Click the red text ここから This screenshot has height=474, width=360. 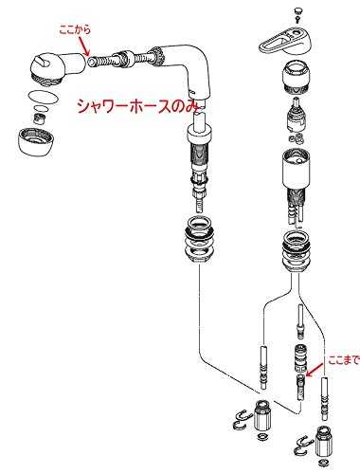click(x=75, y=30)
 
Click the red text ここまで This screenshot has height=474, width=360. click(x=344, y=360)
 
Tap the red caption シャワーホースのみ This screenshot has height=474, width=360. click(x=138, y=106)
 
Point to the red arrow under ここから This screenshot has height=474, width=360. click(x=82, y=46)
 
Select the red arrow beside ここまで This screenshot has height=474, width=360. click(x=315, y=371)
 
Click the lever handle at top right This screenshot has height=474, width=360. click(x=285, y=40)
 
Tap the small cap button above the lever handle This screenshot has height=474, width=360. click(x=297, y=11)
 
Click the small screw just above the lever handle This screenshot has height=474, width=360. click(x=297, y=20)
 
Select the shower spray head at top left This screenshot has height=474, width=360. click(x=59, y=69)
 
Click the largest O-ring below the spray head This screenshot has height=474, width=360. click(x=43, y=97)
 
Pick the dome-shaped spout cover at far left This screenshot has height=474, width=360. click(x=35, y=140)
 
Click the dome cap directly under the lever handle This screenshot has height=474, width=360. click(x=296, y=77)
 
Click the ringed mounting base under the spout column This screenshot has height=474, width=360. click(x=201, y=240)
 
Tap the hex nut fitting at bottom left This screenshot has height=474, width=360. click(x=262, y=416)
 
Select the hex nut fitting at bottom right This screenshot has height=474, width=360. click(x=323, y=442)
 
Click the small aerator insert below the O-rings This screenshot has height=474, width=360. click(x=39, y=119)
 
